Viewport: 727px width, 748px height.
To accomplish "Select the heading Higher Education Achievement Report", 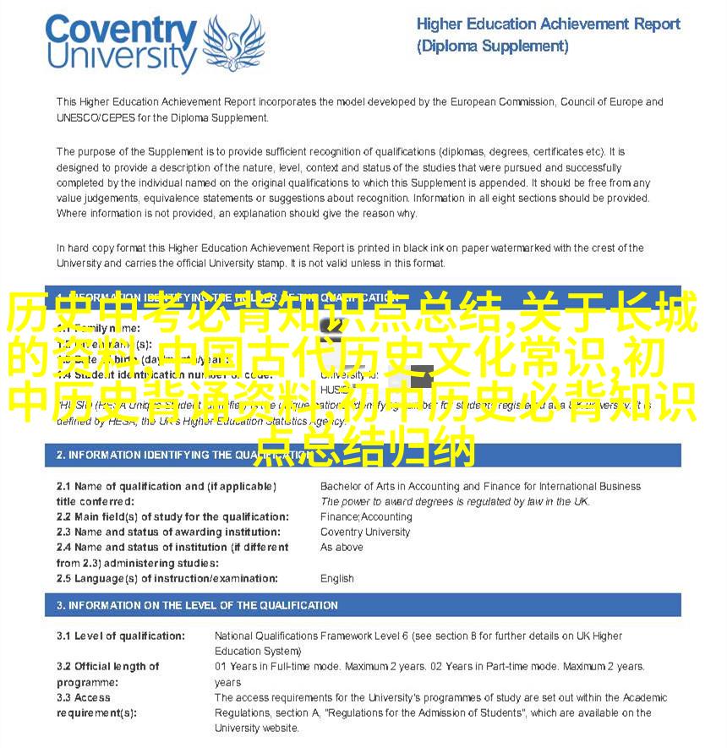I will (x=548, y=24).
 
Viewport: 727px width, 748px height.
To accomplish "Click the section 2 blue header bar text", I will (x=168, y=456).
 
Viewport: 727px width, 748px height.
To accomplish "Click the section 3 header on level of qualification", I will (x=197, y=605).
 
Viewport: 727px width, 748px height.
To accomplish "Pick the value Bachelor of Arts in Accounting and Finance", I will (x=480, y=486).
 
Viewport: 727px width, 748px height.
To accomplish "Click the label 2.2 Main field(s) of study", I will (x=172, y=517).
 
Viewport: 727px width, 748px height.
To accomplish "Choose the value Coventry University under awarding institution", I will (x=365, y=532).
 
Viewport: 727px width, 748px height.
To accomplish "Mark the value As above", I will (x=342, y=548).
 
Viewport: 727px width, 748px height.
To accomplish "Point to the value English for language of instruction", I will (x=337, y=579).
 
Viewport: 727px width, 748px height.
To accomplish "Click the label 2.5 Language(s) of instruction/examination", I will (x=167, y=579).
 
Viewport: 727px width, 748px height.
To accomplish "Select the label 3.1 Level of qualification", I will (x=121, y=636).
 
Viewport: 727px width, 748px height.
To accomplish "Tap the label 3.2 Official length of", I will (x=108, y=667).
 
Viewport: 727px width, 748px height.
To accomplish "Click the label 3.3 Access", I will (x=84, y=698).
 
